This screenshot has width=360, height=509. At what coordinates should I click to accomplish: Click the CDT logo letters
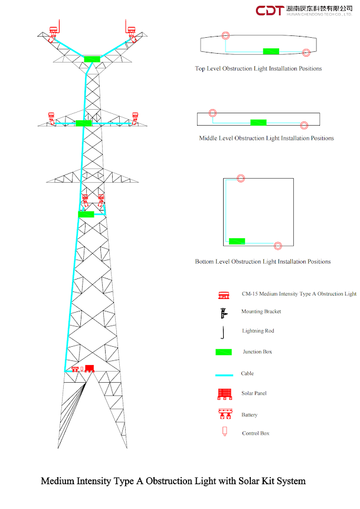(270, 10)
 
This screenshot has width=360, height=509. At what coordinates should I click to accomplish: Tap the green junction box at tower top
(92, 59)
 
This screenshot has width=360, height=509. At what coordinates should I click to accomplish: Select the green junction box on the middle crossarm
(84, 123)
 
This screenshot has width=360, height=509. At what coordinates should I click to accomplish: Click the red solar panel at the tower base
(89, 369)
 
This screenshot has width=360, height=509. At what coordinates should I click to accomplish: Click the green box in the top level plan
(271, 51)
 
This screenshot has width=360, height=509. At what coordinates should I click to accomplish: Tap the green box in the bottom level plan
(237, 241)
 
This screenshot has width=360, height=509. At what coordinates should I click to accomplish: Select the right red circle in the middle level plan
(303, 125)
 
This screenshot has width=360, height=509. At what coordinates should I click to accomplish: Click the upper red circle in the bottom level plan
(240, 178)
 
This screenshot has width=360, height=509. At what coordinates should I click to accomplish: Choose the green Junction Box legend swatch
(224, 352)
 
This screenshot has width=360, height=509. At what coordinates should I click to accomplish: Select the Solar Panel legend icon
(224, 393)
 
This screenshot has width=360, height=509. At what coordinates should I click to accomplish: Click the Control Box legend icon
(224, 431)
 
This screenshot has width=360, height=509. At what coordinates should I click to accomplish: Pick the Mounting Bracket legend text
(261, 311)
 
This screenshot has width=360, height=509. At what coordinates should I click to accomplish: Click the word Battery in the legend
(250, 415)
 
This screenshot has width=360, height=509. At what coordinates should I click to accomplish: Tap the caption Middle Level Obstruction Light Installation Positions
(267, 139)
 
